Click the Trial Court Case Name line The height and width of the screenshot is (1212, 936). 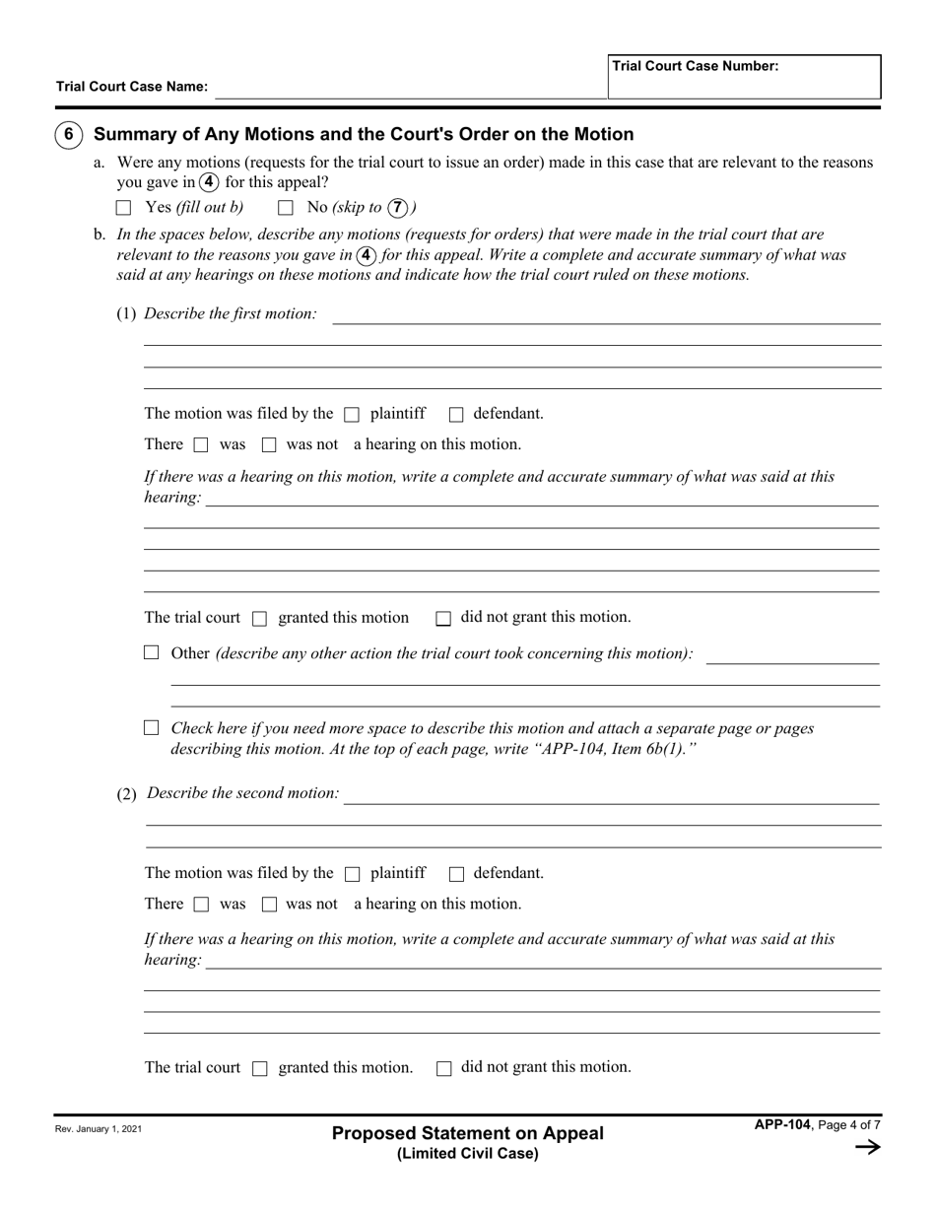pos(410,88)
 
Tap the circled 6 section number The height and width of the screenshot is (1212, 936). pos(68,135)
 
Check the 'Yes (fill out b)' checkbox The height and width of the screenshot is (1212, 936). pos(123,208)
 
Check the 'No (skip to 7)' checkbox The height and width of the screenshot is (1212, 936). pos(286,208)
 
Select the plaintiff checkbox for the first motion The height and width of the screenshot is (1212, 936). pos(353,415)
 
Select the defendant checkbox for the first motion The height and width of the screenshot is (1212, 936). pos(456,415)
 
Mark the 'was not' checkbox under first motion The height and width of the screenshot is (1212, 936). pos(269,445)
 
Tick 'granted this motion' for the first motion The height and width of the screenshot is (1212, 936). pos(260,619)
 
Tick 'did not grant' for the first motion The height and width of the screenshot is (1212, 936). pos(443,619)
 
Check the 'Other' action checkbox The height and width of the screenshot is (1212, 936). pos(152,652)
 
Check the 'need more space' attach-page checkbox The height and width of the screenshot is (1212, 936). pos(152,728)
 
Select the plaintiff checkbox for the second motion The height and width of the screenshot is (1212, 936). pos(353,874)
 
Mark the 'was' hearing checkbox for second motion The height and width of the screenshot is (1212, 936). pos(202,905)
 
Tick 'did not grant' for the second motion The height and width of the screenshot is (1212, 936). pos(443,1068)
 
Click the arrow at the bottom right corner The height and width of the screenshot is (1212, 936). pos(867,1147)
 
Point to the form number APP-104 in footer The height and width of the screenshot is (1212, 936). pos(782,1125)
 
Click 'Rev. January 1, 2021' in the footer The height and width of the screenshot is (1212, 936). pos(99,1129)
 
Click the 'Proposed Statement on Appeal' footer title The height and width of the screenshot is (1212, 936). pos(468,1133)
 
